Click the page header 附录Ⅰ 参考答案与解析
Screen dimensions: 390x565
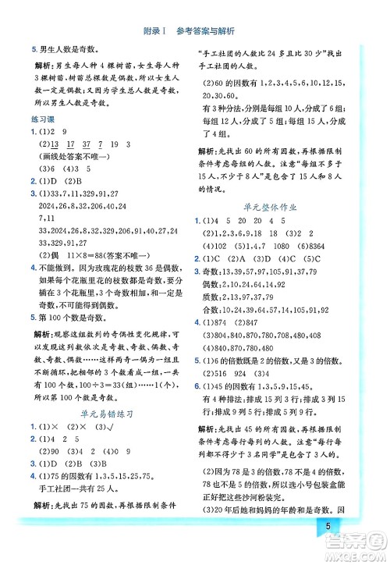point(194,30)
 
